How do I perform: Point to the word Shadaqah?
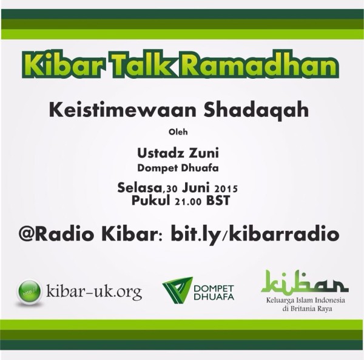256,111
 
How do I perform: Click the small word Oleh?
178,132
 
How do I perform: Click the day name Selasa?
140,188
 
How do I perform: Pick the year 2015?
226,189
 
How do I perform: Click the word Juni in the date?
195,188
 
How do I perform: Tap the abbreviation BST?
218,201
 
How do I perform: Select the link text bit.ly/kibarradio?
255,235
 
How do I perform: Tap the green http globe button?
29,292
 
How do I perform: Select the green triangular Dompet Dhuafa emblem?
177,290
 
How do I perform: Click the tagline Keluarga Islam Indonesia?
306,301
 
